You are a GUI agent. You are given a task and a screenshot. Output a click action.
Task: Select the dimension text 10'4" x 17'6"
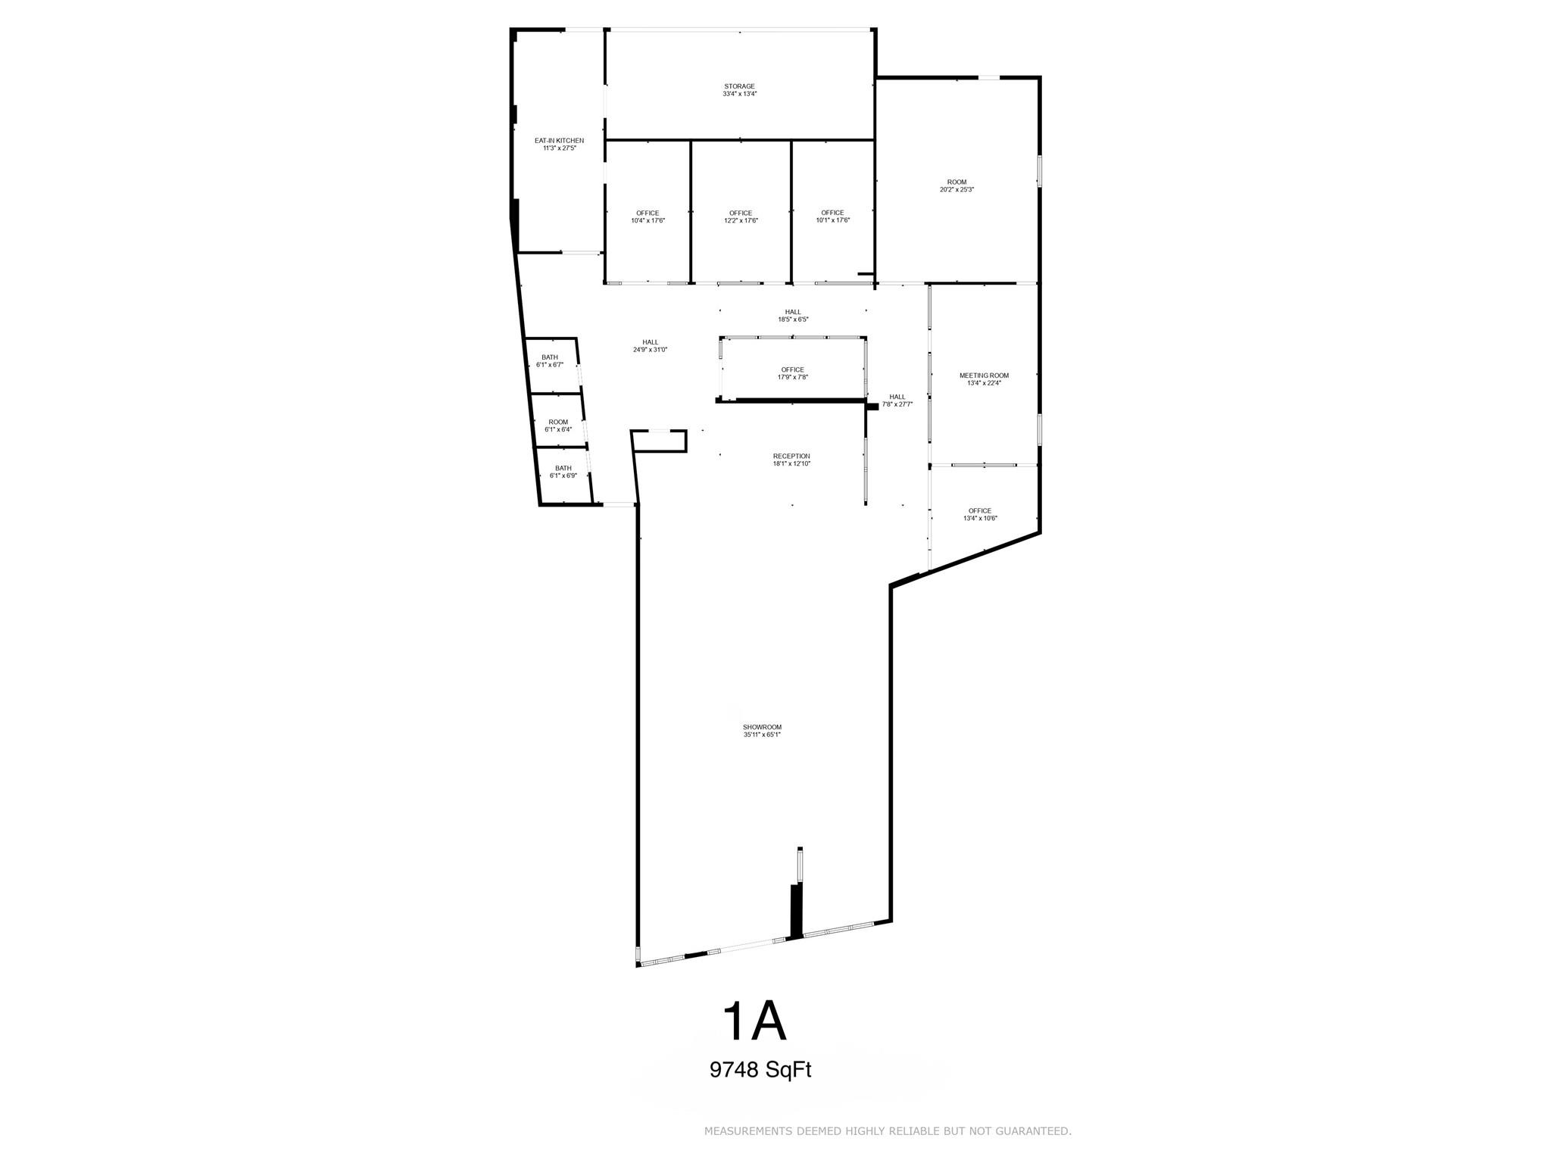point(648,221)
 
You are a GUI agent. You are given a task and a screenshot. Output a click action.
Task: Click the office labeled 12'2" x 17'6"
point(740,217)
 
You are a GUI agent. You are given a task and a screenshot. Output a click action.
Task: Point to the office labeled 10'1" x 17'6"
point(832,217)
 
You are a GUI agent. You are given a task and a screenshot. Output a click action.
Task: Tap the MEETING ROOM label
point(984,376)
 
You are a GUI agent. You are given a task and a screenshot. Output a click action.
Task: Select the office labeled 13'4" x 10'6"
point(979,514)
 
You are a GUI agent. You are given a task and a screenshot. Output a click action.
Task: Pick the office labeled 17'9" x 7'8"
point(792,373)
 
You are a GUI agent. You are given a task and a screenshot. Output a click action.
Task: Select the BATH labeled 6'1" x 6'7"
point(549,360)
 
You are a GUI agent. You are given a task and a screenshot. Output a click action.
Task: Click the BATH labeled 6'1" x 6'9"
point(563,472)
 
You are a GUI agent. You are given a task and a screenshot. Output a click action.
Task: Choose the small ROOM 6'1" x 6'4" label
point(558,426)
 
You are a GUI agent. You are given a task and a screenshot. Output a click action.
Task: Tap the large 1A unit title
point(755,1021)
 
